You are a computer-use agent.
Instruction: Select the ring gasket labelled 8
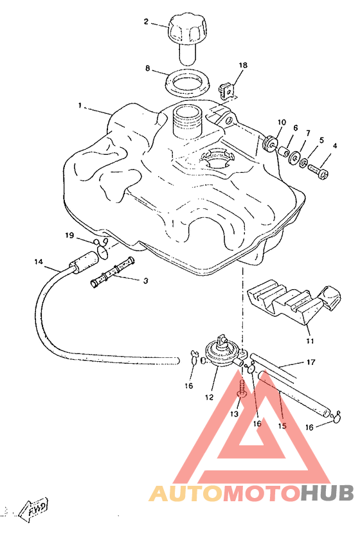(188, 83)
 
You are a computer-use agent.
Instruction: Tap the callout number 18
(243, 65)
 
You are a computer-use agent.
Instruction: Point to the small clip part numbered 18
(225, 89)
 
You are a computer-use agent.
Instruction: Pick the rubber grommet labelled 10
(271, 144)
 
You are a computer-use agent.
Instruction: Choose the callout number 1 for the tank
(80, 105)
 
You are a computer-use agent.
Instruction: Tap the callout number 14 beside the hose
(39, 261)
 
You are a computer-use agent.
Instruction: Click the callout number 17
(311, 362)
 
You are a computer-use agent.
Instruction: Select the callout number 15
(282, 425)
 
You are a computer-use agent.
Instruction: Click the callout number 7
(308, 133)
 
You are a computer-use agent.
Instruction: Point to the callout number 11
(310, 341)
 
